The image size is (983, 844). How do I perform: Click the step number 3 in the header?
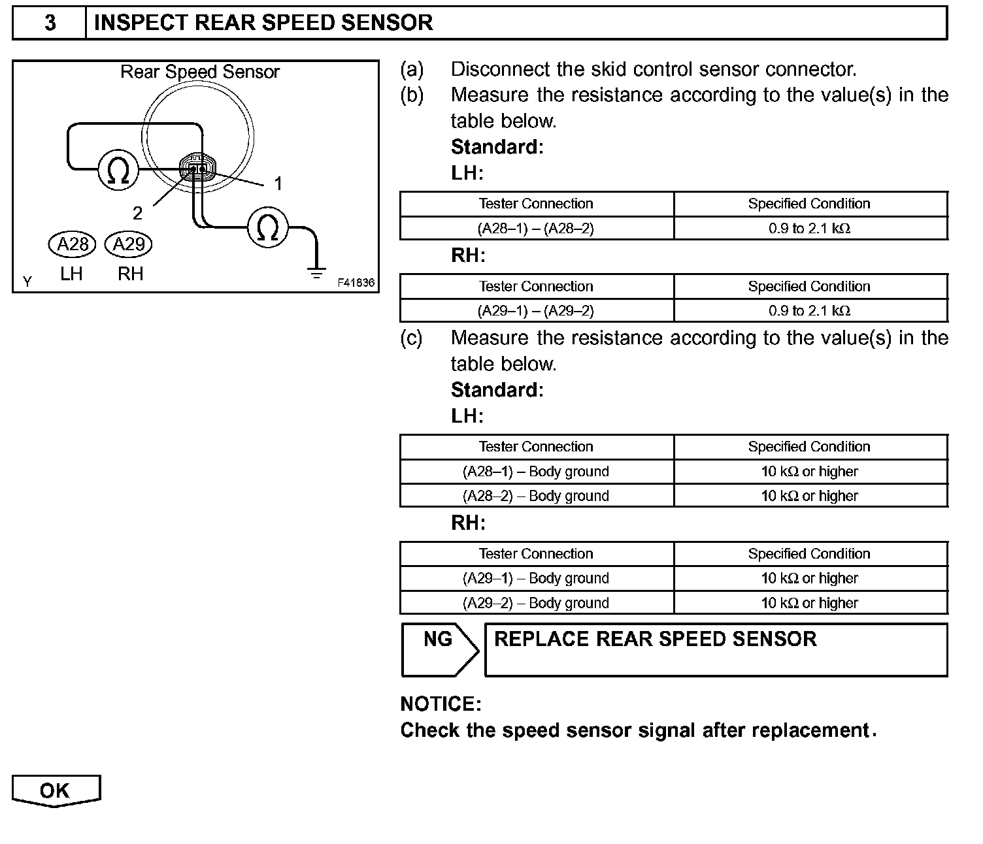[x=50, y=24]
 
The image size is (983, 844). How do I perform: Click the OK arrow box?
[x=56, y=790]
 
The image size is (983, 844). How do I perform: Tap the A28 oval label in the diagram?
[x=72, y=244]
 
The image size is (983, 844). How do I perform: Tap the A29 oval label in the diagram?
[x=128, y=244]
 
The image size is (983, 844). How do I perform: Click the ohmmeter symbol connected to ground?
[x=267, y=227]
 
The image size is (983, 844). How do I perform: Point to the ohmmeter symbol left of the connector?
[x=118, y=170]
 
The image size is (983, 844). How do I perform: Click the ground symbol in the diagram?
[x=317, y=273]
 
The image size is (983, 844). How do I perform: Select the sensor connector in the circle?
[x=197, y=169]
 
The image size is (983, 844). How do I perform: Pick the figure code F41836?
[x=356, y=283]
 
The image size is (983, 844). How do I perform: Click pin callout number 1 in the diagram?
[x=278, y=184]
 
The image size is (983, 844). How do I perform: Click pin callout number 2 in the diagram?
[x=137, y=213]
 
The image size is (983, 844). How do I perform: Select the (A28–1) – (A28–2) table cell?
[x=536, y=229]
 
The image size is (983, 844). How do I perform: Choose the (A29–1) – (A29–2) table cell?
[x=536, y=311]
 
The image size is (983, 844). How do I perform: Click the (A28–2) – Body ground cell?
[x=536, y=496]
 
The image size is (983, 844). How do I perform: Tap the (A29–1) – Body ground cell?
[x=536, y=578]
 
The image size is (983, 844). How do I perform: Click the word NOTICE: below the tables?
[x=441, y=704]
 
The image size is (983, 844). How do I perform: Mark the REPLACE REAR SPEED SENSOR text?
[x=655, y=639]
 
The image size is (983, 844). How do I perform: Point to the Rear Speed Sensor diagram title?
[x=199, y=72]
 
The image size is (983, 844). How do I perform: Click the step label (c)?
[x=412, y=338]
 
